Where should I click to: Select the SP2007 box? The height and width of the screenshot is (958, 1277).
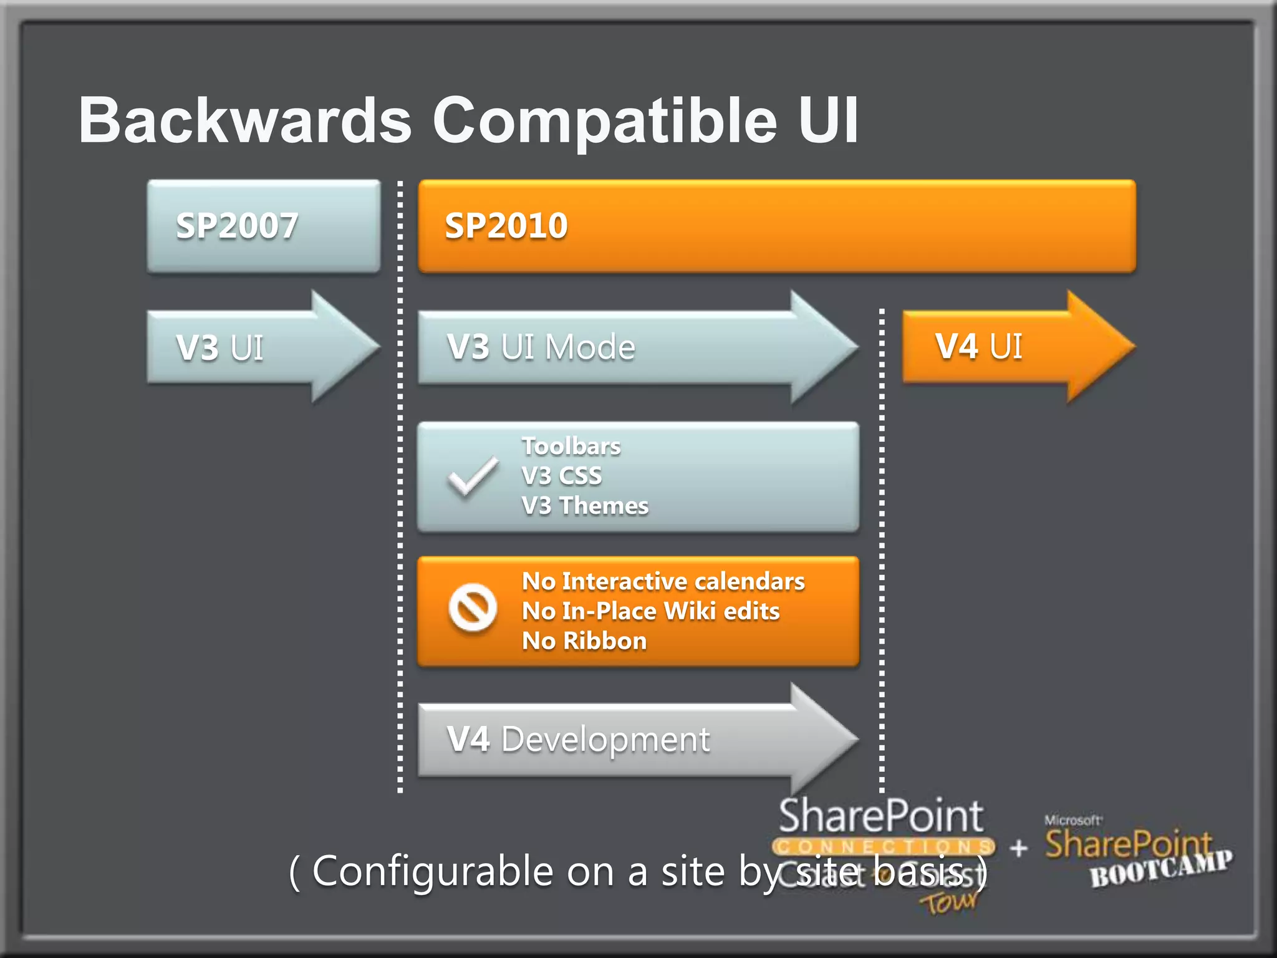click(263, 226)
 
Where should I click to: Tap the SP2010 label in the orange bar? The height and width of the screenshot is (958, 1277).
click(506, 226)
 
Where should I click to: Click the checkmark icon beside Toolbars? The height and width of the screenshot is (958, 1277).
click(473, 477)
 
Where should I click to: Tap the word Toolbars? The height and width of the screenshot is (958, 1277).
click(571, 447)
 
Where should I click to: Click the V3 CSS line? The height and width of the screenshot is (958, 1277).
click(562, 476)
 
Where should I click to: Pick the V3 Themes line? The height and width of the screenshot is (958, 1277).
click(585, 506)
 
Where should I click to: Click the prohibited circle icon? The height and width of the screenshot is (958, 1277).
click(473, 607)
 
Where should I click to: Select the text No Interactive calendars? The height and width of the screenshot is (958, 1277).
click(663, 581)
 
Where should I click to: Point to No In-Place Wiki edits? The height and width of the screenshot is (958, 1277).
click(650, 611)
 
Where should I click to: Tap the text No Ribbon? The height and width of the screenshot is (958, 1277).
click(584, 641)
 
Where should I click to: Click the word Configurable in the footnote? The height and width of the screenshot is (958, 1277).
click(432, 871)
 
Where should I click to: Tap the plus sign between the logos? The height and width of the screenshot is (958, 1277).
click(1018, 848)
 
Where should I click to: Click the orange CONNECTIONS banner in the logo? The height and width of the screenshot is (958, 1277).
click(883, 847)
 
